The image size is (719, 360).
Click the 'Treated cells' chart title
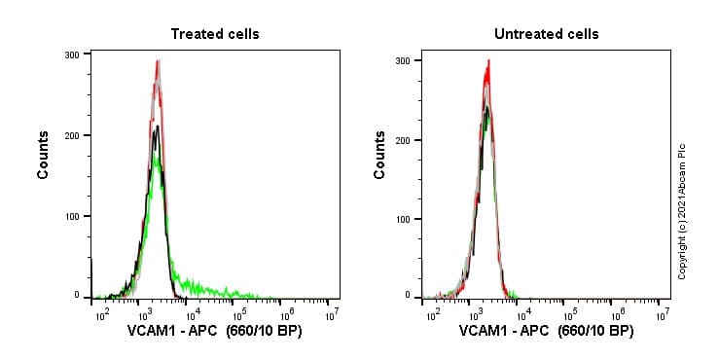pyautogui.click(x=215, y=34)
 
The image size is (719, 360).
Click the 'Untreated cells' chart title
pyautogui.click(x=546, y=34)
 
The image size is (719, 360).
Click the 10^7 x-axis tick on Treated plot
pyautogui.click(x=331, y=314)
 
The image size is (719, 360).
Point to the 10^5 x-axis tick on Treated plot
pyautogui.click(x=237, y=314)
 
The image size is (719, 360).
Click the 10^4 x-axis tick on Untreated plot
pyautogui.click(x=524, y=314)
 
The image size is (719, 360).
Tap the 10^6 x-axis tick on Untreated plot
pyautogui.click(x=617, y=314)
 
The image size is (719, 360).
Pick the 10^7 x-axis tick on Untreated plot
pyautogui.click(x=663, y=314)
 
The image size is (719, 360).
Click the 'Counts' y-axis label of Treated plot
pyautogui.click(x=44, y=156)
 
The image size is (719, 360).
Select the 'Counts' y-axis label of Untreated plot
pyautogui.click(x=379, y=156)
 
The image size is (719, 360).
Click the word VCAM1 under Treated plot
pyautogui.click(x=153, y=331)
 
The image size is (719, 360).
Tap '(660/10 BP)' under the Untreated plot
pyautogui.click(x=593, y=331)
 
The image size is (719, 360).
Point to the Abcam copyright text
pyautogui.click(x=682, y=211)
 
